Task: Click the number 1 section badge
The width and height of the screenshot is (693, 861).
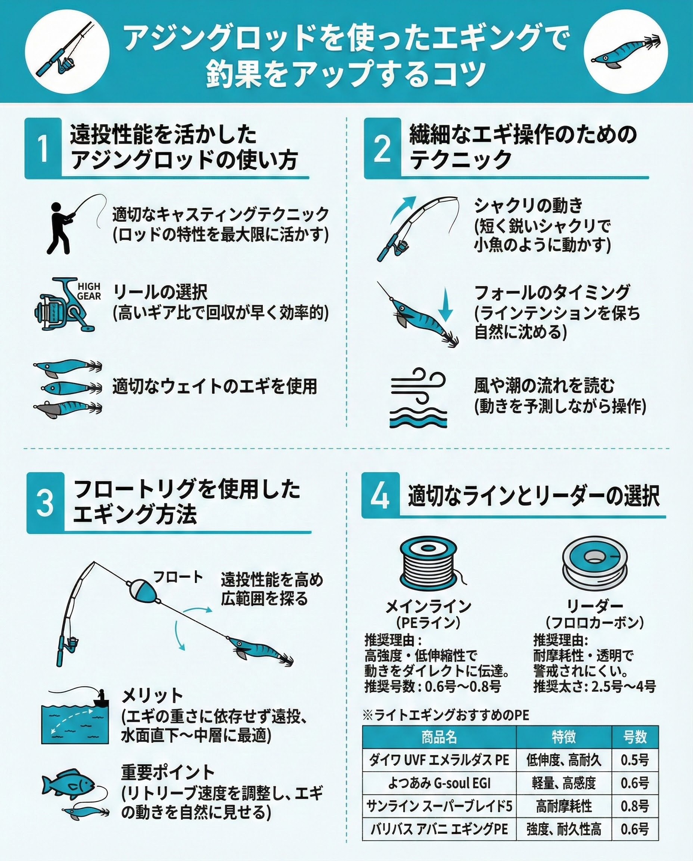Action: pyautogui.click(x=43, y=148)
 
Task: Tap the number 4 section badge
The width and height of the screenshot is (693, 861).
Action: pyautogui.click(x=380, y=496)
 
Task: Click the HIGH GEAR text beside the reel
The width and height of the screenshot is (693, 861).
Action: pyautogui.click(x=89, y=291)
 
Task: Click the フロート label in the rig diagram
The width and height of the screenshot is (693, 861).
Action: pyautogui.click(x=178, y=577)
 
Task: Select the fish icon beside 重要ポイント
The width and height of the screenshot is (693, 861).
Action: pyautogui.click(x=68, y=784)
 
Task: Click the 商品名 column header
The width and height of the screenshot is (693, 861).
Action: pyautogui.click(x=439, y=737)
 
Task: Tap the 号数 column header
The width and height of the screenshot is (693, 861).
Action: pyautogui.click(x=635, y=737)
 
